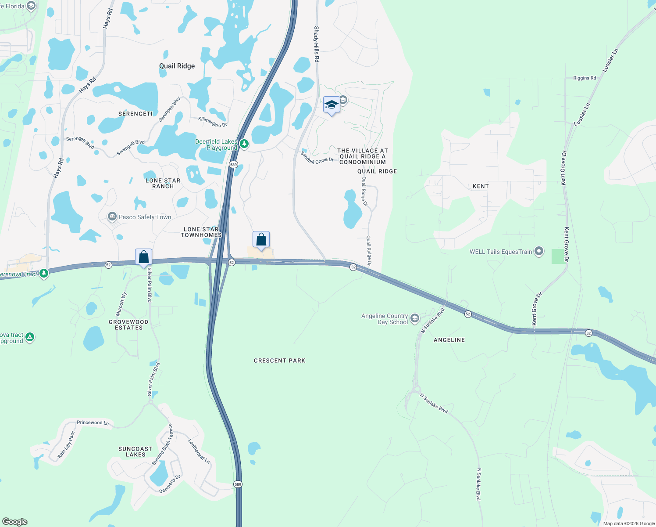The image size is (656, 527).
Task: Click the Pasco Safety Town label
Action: [x=145, y=217]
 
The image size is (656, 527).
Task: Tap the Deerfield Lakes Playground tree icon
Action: [x=244, y=144]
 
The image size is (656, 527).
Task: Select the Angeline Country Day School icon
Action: [x=415, y=318]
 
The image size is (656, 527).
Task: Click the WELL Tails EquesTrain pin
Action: [x=539, y=252]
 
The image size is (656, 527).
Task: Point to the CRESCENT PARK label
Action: [x=279, y=361]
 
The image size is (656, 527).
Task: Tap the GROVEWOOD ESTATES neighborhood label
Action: [x=128, y=325]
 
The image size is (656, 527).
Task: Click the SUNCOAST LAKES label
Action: [x=135, y=451]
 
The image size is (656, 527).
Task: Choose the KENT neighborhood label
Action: [x=481, y=186]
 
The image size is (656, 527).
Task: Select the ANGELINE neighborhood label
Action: [x=449, y=340]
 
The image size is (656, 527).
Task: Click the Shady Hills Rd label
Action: [x=317, y=44]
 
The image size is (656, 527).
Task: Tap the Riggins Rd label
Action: [x=585, y=78]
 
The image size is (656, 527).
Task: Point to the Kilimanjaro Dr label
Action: [x=213, y=122]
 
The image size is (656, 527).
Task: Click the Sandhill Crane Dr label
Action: [x=317, y=158]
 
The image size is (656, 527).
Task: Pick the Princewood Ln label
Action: [x=93, y=422]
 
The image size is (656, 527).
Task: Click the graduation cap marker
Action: [x=332, y=105]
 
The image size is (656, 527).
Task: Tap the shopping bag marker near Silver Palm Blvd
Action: [x=144, y=257]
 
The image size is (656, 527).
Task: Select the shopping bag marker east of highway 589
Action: [x=261, y=240]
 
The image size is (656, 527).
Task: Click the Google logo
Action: [x=15, y=521]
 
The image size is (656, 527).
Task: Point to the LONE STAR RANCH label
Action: [x=163, y=183]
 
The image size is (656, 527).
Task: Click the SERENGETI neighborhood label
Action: [x=135, y=114]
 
